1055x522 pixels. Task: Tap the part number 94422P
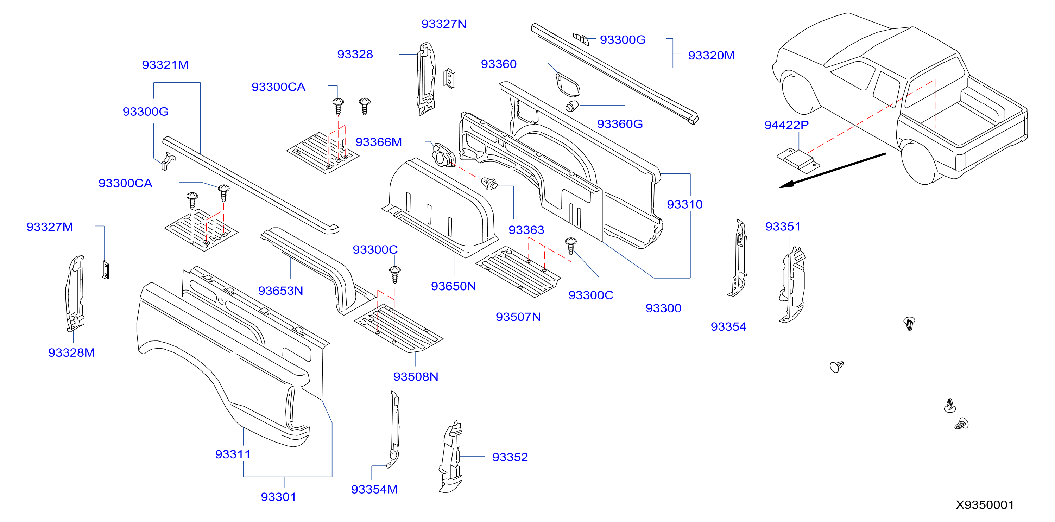click(x=786, y=125)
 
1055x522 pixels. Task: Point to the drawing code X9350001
click(x=985, y=504)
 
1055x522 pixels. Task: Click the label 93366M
click(x=378, y=142)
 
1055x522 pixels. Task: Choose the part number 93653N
click(x=280, y=291)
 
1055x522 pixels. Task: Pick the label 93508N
click(x=416, y=377)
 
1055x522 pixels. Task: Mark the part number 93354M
click(x=374, y=489)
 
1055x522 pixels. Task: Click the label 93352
click(x=510, y=457)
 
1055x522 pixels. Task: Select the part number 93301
click(x=278, y=497)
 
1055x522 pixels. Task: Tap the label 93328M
click(x=71, y=352)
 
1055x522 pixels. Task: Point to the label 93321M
click(x=165, y=65)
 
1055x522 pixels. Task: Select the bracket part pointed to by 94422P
click(x=798, y=160)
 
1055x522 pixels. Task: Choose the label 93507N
click(x=518, y=317)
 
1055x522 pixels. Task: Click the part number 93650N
click(x=453, y=286)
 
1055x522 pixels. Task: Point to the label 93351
click(x=783, y=227)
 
